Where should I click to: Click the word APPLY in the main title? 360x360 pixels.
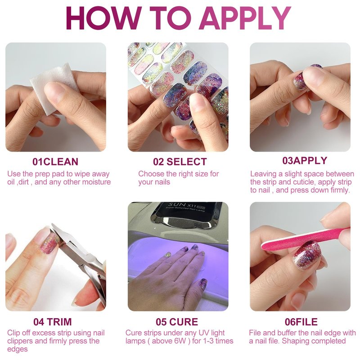[245, 18]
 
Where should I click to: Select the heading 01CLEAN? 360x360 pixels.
[55, 162]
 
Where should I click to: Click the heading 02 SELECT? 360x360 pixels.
[180, 162]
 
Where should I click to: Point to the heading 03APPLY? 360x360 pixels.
[305, 161]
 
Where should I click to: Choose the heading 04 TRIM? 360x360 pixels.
[53, 322]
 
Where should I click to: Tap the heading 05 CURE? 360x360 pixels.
[177, 322]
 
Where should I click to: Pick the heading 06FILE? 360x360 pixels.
[301, 322]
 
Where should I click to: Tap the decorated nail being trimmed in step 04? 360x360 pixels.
[49, 243]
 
